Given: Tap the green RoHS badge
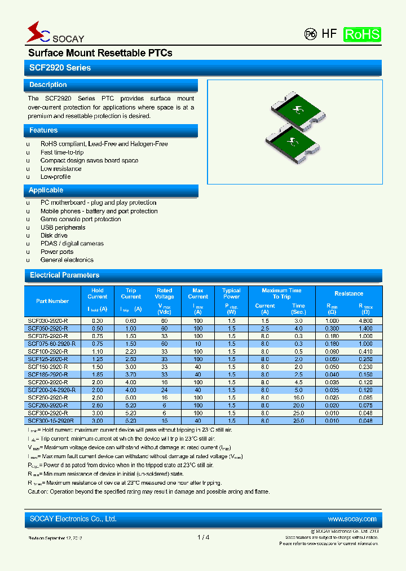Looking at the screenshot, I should pyautogui.click(x=362, y=34).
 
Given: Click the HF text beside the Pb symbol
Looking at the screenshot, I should pyautogui.click(x=329, y=34).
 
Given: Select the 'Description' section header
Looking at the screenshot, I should pyautogui.click(x=48, y=85).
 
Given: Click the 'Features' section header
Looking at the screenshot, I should pyautogui.click(x=43, y=130).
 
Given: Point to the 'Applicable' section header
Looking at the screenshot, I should pyautogui.click(x=46, y=190).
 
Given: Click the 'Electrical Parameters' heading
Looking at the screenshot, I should pyautogui.click(x=64, y=275).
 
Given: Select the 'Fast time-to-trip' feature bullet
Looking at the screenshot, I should pyautogui.click(x=62, y=152).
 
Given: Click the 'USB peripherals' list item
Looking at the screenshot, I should pyautogui.click(x=63, y=227).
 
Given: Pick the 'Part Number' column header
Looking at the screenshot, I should pyautogui.click(x=52, y=301).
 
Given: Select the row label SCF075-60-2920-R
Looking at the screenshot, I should pyautogui.click(x=51, y=344).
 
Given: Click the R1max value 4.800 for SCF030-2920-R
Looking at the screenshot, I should pyautogui.click(x=365, y=320).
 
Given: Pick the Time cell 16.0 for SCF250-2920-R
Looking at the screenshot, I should pyautogui.click(x=298, y=397).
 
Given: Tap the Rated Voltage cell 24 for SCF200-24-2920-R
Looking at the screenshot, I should pyautogui.click(x=164, y=390).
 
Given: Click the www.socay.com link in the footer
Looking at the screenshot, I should pyautogui.click(x=351, y=519).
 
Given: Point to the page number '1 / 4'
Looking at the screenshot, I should pyautogui.click(x=204, y=537).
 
